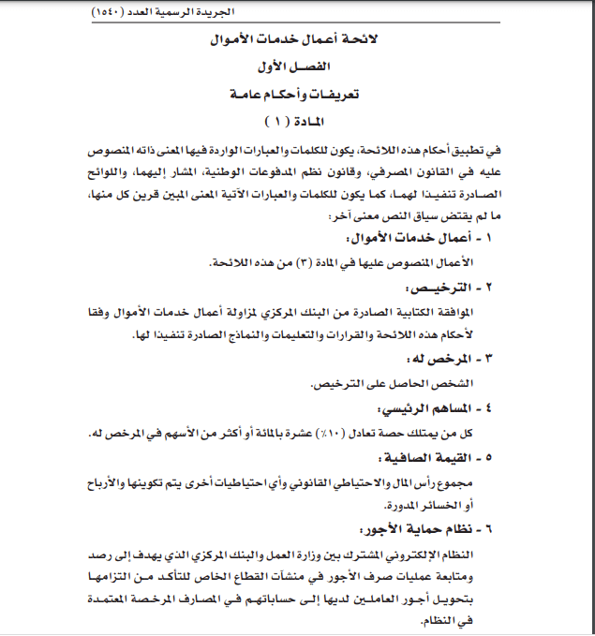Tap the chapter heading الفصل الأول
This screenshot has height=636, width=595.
coord(298,70)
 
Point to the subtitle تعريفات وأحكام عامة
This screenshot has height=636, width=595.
coord(298,96)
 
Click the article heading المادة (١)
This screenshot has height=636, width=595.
coord(298,121)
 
